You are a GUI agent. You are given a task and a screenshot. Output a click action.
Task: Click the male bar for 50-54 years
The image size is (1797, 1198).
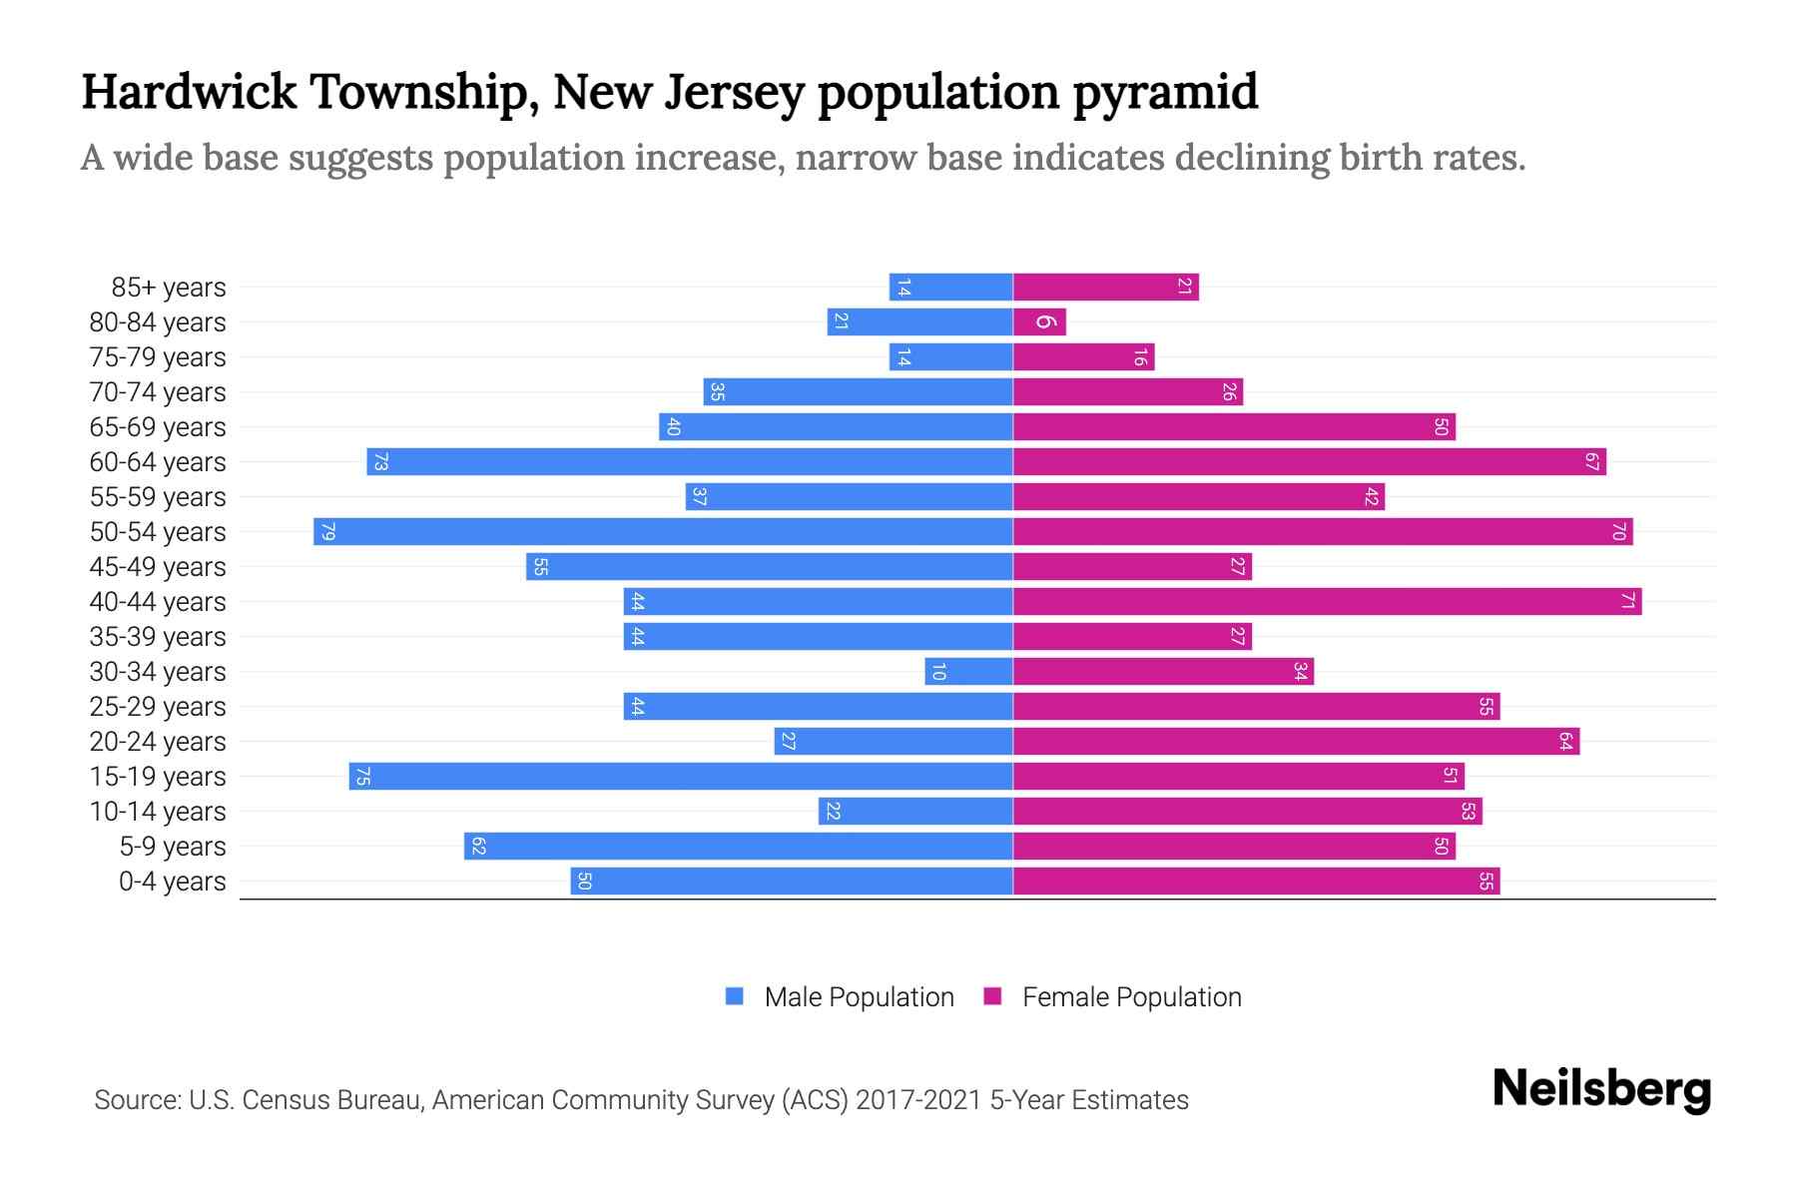pyautogui.click(x=663, y=531)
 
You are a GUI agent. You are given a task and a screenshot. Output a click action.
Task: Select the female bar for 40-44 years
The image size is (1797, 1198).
pyautogui.click(x=1327, y=601)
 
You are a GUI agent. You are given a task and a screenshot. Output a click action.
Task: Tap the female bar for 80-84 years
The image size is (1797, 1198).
pyautogui.click(x=1039, y=321)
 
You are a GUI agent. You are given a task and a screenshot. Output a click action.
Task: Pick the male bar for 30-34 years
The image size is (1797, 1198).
pyautogui.click(x=968, y=671)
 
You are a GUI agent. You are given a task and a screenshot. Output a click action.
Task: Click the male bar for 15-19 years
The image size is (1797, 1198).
pyautogui.click(x=681, y=776)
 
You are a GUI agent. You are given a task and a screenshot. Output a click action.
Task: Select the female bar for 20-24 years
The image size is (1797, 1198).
pyautogui.click(x=1296, y=741)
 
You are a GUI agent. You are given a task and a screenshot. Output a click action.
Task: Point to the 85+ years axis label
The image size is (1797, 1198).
pyautogui.click(x=169, y=288)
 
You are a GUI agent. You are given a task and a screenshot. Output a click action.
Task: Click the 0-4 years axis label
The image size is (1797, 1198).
pyautogui.click(x=172, y=882)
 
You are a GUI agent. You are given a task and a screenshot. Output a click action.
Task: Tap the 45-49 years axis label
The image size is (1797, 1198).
pyautogui.click(x=158, y=567)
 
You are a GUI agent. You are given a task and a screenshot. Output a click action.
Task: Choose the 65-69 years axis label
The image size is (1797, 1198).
pyautogui.click(x=158, y=427)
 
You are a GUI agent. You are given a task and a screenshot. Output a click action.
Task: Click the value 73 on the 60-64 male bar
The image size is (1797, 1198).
pyautogui.click(x=379, y=461)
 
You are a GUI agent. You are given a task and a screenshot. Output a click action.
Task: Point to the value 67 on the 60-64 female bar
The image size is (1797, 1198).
pyautogui.click(x=1591, y=461)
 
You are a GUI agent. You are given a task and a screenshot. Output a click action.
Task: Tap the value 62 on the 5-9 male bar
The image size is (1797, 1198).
pyautogui.click(x=478, y=846)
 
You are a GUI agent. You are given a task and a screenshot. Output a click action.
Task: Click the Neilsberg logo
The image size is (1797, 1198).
pyautogui.click(x=1601, y=1089)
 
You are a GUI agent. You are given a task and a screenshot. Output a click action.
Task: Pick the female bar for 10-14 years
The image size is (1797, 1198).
pyautogui.click(x=1247, y=811)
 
